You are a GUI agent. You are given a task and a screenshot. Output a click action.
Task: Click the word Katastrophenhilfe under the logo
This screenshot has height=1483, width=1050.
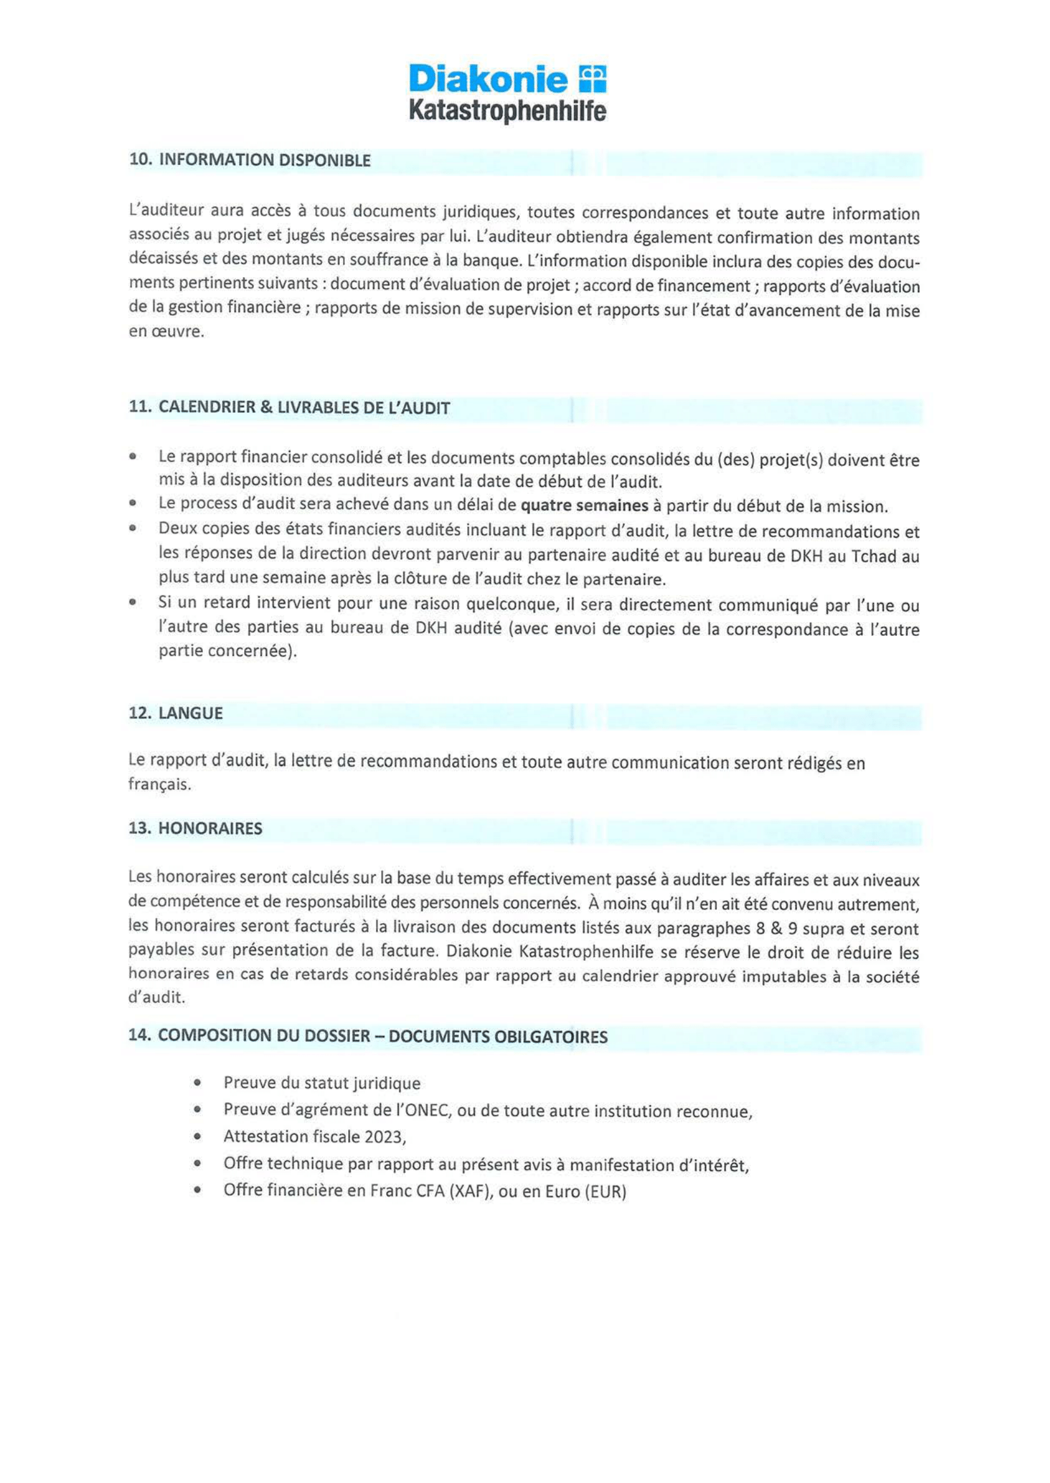508,112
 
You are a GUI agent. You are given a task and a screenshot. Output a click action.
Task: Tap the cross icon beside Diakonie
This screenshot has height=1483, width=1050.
593,79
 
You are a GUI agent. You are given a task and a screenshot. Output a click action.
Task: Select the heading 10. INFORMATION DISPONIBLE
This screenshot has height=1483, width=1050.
250,160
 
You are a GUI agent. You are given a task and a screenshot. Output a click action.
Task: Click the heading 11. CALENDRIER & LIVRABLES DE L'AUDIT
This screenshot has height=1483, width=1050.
290,408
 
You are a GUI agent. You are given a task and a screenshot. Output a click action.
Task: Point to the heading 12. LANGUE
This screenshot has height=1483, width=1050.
176,713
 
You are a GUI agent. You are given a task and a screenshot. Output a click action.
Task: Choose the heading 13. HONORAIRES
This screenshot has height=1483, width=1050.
195,828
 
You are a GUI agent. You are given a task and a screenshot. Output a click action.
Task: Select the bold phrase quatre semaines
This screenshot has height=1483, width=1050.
585,506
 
